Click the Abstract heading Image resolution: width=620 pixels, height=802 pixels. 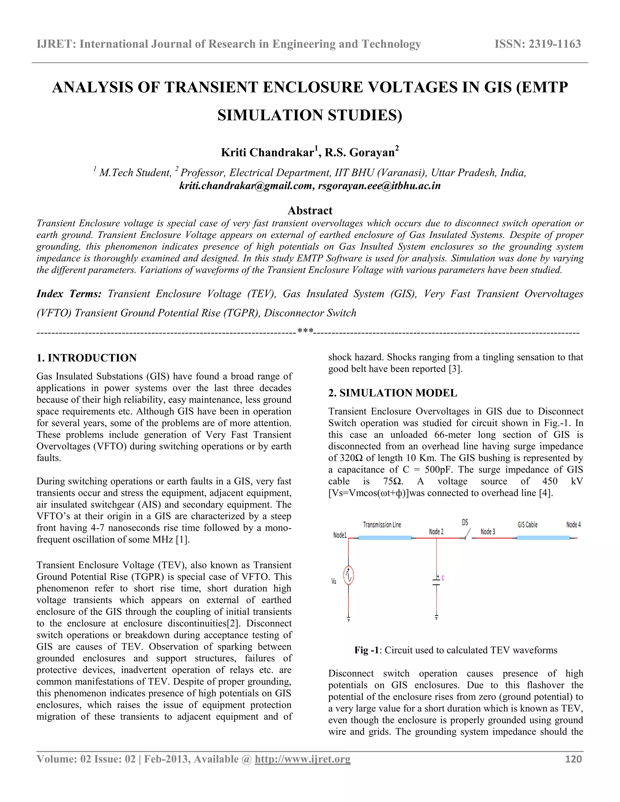[310, 210]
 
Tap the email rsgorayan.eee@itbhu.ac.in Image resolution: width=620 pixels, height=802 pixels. [379, 186]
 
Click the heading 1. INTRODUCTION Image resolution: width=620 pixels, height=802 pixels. [86, 358]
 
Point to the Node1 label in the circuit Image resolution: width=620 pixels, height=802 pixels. [340, 535]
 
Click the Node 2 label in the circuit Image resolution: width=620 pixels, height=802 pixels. [436, 531]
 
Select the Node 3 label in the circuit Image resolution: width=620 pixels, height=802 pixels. [488, 531]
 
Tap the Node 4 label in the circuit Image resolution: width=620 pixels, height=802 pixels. [573, 525]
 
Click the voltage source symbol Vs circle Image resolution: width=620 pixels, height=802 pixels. [348, 575]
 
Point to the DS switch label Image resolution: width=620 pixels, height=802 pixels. [465, 522]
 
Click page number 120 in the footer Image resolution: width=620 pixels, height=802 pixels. [573, 759]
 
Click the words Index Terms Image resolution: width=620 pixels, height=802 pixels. [69, 294]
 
